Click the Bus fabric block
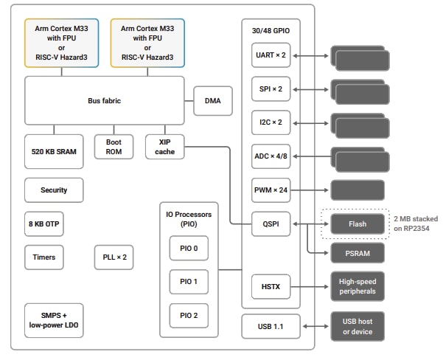click(105, 100)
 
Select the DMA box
click(212, 101)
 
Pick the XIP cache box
click(164, 147)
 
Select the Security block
click(53, 190)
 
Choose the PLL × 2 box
click(114, 257)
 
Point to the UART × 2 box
click(269, 55)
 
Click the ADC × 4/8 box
click(269, 156)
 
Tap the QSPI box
click(269, 222)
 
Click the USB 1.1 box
click(269, 326)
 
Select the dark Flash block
click(357, 223)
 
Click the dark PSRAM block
click(357, 254)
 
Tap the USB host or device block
click(357, 326)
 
